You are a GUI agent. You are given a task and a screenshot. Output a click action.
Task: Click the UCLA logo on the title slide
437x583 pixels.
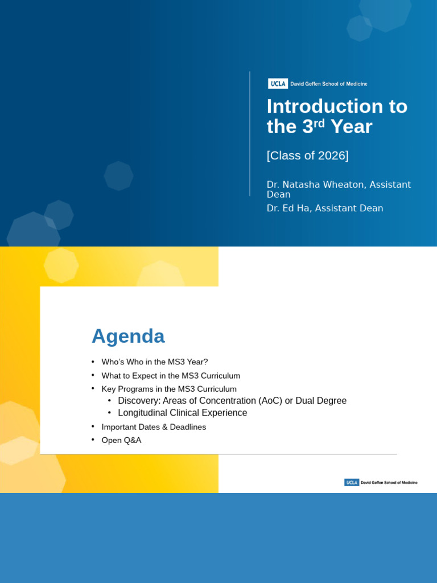click(x=278, y=84)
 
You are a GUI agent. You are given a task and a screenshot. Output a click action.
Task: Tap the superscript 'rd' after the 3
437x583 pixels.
click(x=319, y=122)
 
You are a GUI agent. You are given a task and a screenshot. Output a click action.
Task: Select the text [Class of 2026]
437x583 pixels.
click(x=307, y=155)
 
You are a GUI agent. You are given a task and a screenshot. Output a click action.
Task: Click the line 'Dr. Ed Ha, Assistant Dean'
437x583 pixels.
click(x=325, y=208)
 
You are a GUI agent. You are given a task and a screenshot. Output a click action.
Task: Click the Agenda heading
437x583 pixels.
click(x=128, y=336)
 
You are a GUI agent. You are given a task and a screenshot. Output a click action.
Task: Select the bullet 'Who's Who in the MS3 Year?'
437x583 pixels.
click(x=155, y=362)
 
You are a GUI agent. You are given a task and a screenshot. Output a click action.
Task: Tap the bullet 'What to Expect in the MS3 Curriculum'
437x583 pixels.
click(x=171, y=376)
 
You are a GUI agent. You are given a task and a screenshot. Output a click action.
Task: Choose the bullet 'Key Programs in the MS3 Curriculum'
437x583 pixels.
click(x=169, y=389)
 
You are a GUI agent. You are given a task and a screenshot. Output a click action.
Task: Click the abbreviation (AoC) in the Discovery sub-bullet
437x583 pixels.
click(x=270, y=401)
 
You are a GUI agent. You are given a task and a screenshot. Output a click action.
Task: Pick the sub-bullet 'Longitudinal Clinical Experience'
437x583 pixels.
click(x=182, y=413)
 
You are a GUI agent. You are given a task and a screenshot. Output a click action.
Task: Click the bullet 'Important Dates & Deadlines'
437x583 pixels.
click(x=154, y=427)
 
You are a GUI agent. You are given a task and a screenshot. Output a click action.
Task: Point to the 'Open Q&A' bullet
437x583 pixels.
click(x=121, y=440)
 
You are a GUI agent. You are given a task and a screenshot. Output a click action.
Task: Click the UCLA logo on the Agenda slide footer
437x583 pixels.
click(x=352, y=482)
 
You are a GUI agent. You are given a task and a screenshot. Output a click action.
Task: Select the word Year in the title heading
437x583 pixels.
click(x=351, y=126)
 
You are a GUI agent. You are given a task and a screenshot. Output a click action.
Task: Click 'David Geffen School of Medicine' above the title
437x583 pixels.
click(x=329, y=84)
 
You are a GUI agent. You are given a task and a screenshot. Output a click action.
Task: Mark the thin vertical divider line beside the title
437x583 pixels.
click(x=250, y=134)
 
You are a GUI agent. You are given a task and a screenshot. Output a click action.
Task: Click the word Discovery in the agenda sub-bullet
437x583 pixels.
click(x=138, y=401)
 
